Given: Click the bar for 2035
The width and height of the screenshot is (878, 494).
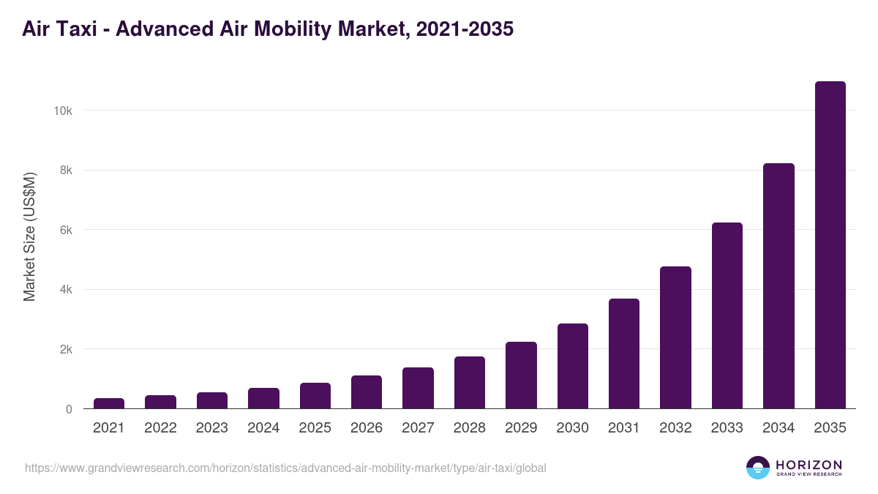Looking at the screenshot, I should click(830, 245).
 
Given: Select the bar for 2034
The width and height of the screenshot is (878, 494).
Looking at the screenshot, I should click(778, 286).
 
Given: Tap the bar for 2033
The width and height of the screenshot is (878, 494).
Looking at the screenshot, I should click(727, 315).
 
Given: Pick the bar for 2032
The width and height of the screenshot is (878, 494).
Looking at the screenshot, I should click(675, 337).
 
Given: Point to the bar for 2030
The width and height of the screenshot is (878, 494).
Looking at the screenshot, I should click(572, 366).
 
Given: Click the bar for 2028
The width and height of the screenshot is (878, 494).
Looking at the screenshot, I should click(469, 383).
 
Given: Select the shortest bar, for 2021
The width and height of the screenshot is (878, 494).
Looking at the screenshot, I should click(109, 403).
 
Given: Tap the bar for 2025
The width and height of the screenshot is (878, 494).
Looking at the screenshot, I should click(315, 396).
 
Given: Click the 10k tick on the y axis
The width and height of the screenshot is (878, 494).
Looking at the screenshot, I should click(62, 111).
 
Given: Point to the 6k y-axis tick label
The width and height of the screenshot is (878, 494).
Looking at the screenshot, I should click(65, 230).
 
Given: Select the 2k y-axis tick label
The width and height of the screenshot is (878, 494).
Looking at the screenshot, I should click(65, 349).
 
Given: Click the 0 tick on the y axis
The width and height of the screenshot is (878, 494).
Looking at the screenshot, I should click(69, 409).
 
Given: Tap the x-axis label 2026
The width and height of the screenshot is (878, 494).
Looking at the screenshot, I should click(366, 428).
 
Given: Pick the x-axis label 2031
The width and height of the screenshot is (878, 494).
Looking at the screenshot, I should click(623, 428).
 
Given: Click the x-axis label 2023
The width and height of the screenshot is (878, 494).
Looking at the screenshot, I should click(211, 428).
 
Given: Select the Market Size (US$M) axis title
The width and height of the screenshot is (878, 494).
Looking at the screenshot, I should click(29, 236).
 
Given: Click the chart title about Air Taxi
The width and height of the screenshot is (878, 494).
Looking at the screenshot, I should click(268, 29).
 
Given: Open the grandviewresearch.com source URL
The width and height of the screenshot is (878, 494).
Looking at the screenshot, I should click(285, 468).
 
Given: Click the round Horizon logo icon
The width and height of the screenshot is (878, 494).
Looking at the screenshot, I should click(757, 468).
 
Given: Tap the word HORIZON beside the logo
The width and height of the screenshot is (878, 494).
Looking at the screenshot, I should click(808, 465).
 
